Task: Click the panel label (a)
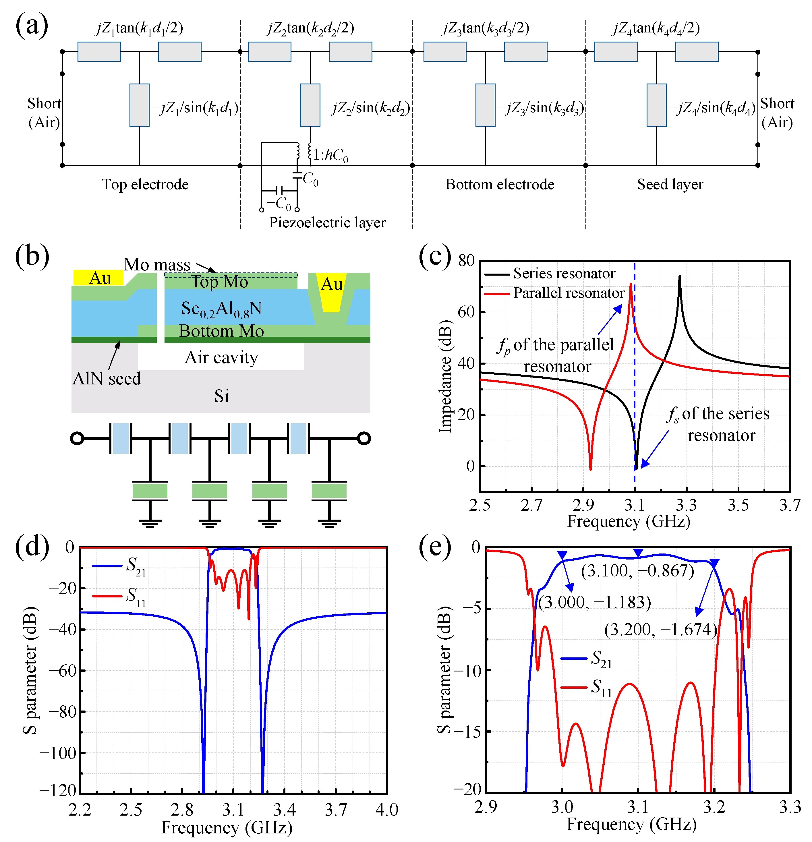32,26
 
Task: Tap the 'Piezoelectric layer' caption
327,222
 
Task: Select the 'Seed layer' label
670,184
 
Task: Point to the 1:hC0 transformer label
330,155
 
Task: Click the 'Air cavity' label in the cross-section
221,357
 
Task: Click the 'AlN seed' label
107,378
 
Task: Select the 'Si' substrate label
222,396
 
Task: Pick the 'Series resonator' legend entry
564,273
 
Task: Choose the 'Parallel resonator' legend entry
569,293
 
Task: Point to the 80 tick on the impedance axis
466,260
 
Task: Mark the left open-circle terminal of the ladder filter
77,439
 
